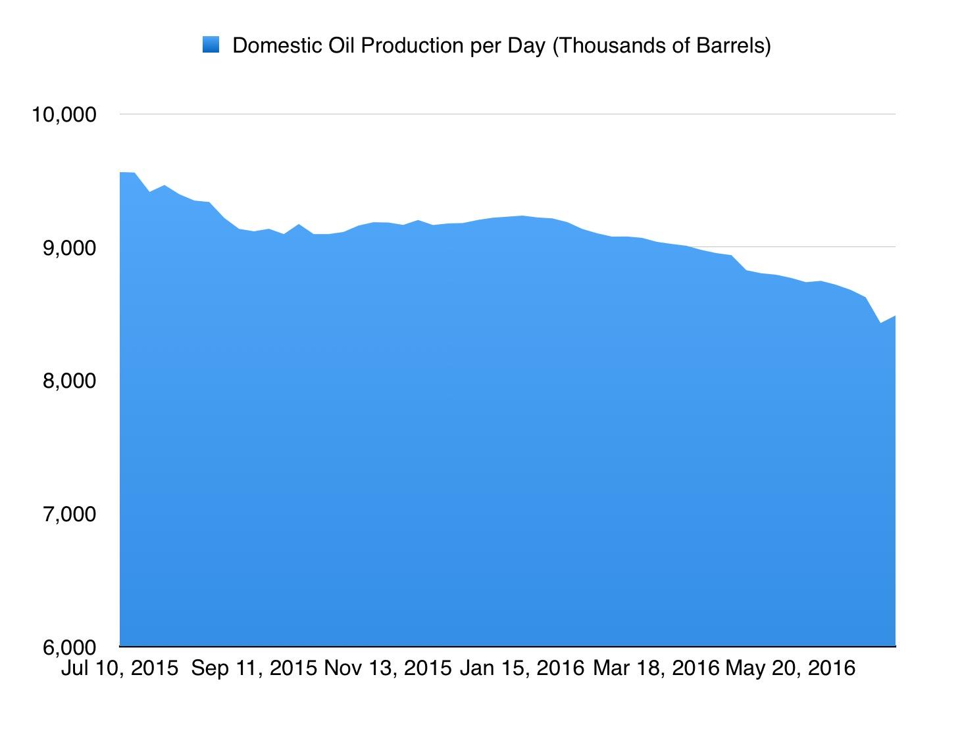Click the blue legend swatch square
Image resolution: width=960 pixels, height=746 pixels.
coord(211,45)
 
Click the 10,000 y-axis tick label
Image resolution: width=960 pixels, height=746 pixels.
coord(63,114)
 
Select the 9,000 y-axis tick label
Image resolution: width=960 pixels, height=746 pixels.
coord(69,248)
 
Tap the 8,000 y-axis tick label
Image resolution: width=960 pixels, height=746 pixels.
coord(69,381)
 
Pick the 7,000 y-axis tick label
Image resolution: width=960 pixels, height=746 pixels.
coord(69,514)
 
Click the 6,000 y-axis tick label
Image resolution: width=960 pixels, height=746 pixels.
coord(69,647)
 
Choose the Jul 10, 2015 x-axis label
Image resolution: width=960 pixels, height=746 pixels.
coord(120,668)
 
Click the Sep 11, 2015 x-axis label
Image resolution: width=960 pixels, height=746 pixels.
coord(254,668)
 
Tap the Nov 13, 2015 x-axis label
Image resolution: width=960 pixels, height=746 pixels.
coord(388,668)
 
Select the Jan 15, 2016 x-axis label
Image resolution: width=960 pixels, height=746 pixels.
coord(522,668)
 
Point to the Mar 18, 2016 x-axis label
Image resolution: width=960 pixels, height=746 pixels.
coord(656,668)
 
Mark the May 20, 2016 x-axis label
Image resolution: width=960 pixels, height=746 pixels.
coord(790,668)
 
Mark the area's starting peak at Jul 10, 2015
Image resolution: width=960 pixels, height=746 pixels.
coord(121,173)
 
